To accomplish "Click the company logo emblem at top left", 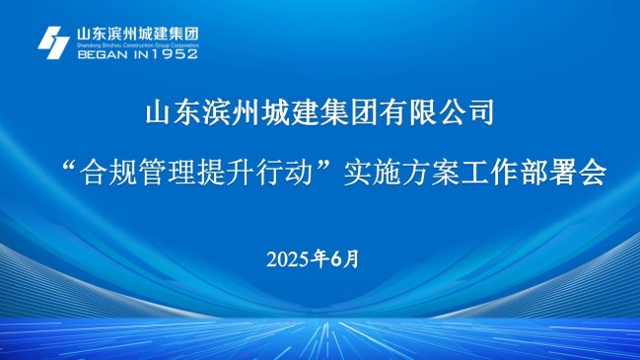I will (x=53, y=41).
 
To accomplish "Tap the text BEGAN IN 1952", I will (x=137, y=53).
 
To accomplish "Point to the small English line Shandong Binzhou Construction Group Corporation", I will (x=137, y=44).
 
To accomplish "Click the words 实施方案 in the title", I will (x=399, y=175).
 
